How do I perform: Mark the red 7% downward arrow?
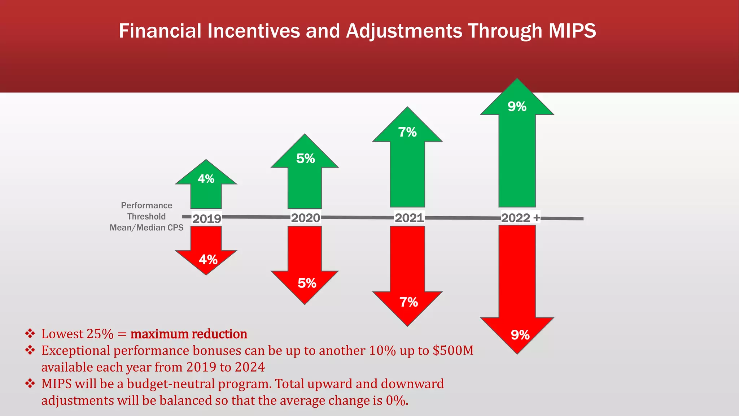(x=408, y=282)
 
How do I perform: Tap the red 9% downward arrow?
(x=517, y=296)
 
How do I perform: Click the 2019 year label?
(x=206, y=219)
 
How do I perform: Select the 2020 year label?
(x=306, y=218)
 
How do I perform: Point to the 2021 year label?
(x=409, y=218)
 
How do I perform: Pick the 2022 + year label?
(x=520, y=218)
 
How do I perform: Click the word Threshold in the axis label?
(x=147, y=217)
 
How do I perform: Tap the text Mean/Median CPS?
(x=147, y=228)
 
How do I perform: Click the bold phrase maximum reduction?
(x=189, y=334)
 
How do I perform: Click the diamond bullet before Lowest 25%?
(x=30, y=333)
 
